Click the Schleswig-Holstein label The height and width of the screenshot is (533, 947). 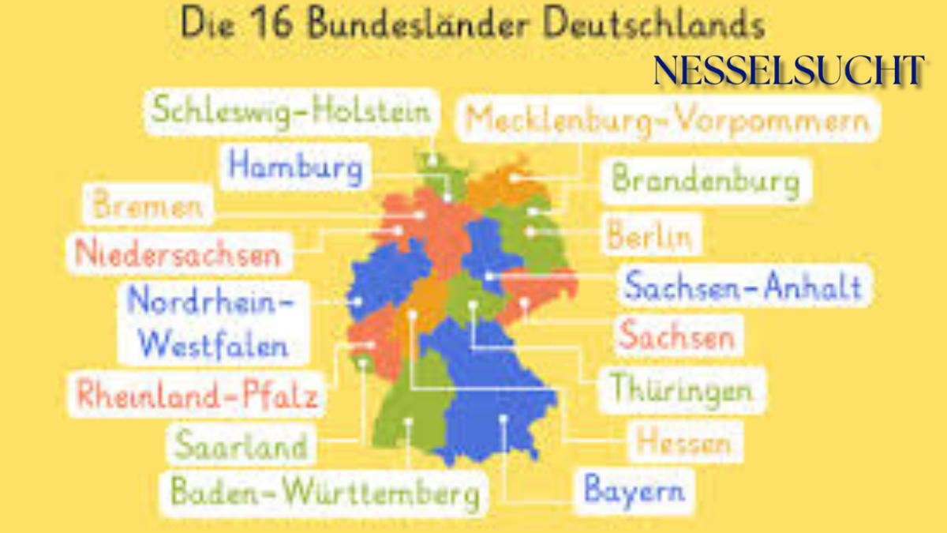point(291,111)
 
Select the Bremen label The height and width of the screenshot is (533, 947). point(148,205)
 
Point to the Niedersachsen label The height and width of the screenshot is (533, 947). point(178,254)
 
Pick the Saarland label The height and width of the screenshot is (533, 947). point(241,445)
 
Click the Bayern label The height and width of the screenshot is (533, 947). point(634,490)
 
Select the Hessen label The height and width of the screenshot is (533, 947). point(683,441)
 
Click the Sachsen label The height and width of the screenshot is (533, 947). point(677,336)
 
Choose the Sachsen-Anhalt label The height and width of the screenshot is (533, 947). point(743,285)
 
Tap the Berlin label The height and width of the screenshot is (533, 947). point(649,235)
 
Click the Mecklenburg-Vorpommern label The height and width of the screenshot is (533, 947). point(667,120)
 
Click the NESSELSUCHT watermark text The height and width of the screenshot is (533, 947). point(788,71)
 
